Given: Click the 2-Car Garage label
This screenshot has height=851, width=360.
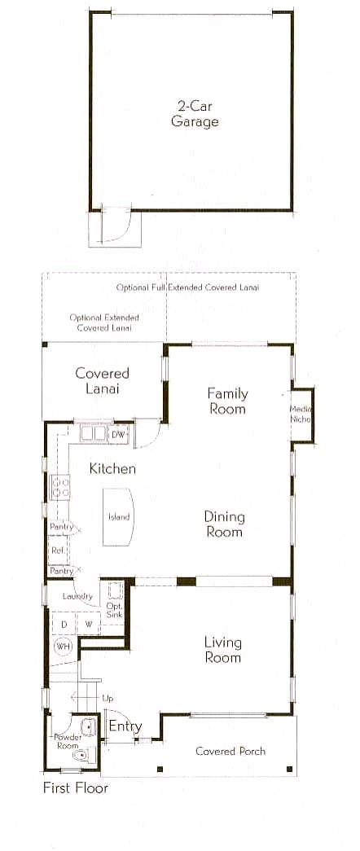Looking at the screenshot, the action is (x=195, y=113).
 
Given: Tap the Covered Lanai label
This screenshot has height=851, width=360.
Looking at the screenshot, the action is (x=102, y=381).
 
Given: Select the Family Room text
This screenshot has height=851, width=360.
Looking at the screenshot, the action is (x=227, y=401).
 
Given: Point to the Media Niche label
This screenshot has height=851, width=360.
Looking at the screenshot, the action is (x=301, y=415).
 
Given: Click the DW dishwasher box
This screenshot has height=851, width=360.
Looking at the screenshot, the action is (x=118, y=435).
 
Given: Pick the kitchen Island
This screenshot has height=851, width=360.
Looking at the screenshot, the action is (x=118, y=516).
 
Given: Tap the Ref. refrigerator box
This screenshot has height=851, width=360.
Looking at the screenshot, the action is (x=58, y=551).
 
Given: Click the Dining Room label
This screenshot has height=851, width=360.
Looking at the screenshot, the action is (x=224, y=524).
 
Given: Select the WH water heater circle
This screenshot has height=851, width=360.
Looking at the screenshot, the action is (x=63, y=647).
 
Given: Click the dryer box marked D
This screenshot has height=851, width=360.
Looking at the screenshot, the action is (x=64, y=624).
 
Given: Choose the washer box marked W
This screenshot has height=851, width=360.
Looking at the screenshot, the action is (x=88, y=624).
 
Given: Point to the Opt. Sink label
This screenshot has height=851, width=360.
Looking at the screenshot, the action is (x=115, y=609).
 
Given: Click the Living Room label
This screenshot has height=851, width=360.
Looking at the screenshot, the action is (x=223, y=650).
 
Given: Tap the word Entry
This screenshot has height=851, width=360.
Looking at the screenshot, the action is (x=125, y=726).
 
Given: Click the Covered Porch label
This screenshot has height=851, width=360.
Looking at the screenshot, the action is (x=230, y=752).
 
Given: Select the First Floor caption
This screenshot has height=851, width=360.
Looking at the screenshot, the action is (x=76, y=787).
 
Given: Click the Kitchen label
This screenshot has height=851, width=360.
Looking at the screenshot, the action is (x=113, y=468).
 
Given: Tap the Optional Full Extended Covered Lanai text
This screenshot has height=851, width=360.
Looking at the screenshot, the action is (x=187, y=287).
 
